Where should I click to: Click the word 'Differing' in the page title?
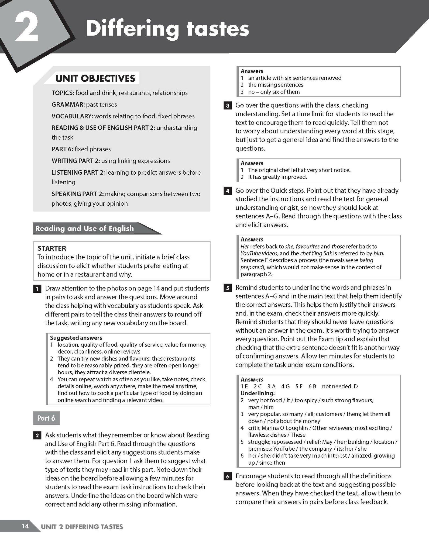click(x=132, y=29)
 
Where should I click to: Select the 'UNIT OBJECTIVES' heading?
click(x=95, y=78)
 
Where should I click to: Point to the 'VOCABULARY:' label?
click(x=72, y=116)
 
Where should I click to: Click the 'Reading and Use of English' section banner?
click(x=85, y=229)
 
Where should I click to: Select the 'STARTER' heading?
click(x=52, y=248)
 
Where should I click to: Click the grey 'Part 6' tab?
click(x=46, y=418)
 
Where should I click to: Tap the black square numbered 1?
click(x=37, y=289)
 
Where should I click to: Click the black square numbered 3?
click(x=228, y=106)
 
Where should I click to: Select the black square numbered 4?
click(x=228, y=191)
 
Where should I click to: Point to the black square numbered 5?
click(x=228, y=288)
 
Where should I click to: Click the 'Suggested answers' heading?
click(x=76, y=338)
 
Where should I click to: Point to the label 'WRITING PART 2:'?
click(x=75, y=161)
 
